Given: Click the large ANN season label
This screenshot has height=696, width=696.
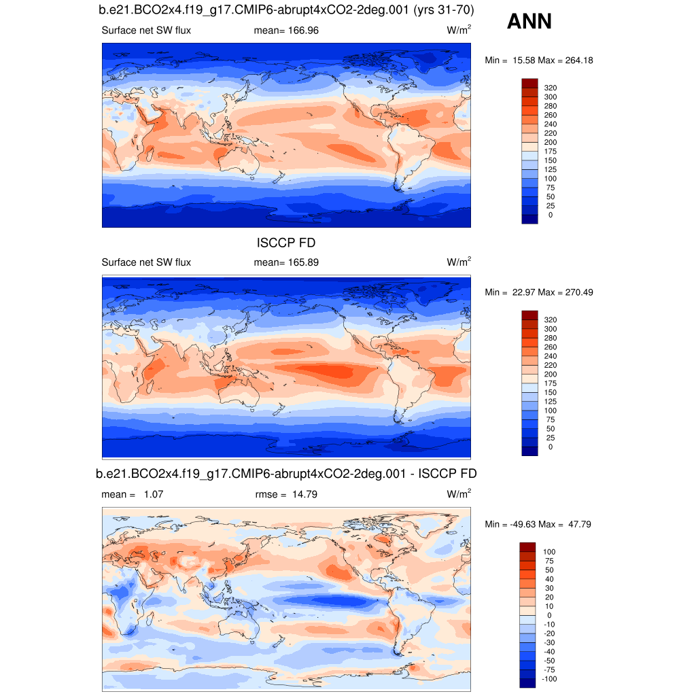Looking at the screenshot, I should click(x=529, y=22).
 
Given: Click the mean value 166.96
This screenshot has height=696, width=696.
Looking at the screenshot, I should click(x=303, y=31).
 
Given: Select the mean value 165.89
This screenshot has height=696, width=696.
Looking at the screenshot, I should click(x=303, y=262).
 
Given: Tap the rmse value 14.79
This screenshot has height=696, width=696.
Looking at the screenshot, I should click(x=302, y=494).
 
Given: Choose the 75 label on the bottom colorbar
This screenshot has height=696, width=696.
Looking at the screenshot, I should click(x=549, y=561).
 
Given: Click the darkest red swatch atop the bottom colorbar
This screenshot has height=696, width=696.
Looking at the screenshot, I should click(x=529, y=547).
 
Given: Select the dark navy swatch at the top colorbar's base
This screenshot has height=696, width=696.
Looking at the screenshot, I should click(x=529, y=218).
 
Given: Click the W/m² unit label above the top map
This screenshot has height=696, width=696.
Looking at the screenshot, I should click(x=459, y=31).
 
